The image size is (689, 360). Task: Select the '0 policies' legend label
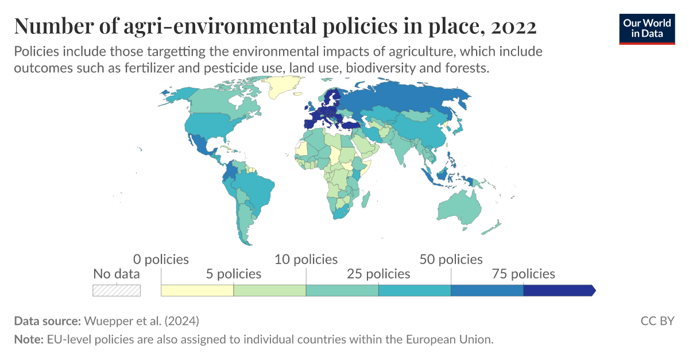point(161,260)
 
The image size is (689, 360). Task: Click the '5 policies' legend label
point(233,274)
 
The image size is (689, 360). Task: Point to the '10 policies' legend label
point(306,260)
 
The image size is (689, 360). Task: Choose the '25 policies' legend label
point(378,274)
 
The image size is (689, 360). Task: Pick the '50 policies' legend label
point(451,260)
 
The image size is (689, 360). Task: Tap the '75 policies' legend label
point(523,274)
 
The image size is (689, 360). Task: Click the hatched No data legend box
point(117,291)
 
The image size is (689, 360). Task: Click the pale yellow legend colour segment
point(197,291)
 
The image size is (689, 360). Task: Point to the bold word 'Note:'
point(28,339)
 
